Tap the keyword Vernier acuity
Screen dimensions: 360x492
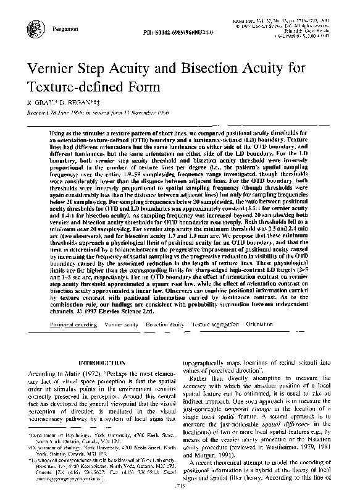(x=122, y=324)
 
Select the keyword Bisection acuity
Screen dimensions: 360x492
(x=165, y=324)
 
